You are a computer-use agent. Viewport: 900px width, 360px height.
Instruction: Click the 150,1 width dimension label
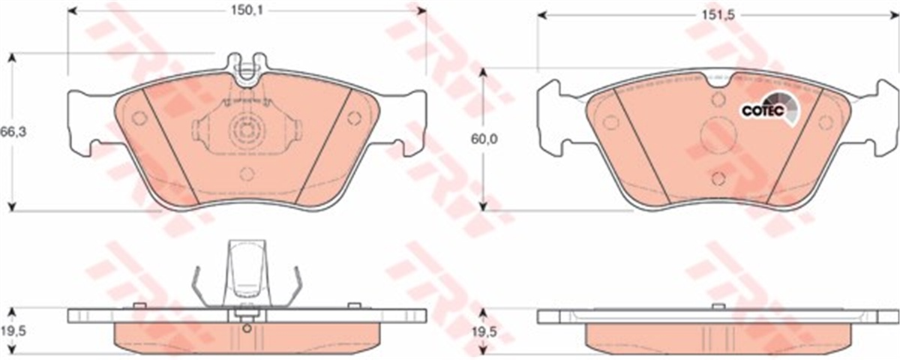pos(246,10)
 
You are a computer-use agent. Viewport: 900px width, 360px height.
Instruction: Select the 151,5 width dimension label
pos(718,15)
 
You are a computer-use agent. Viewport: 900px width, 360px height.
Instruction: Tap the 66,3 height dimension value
pos(13,132)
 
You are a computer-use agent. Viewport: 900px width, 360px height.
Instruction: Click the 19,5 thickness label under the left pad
pos(13,331)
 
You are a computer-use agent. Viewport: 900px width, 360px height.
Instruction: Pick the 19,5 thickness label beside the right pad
pos(484,332)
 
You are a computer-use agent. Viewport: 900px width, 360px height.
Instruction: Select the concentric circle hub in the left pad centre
pos(246,129)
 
